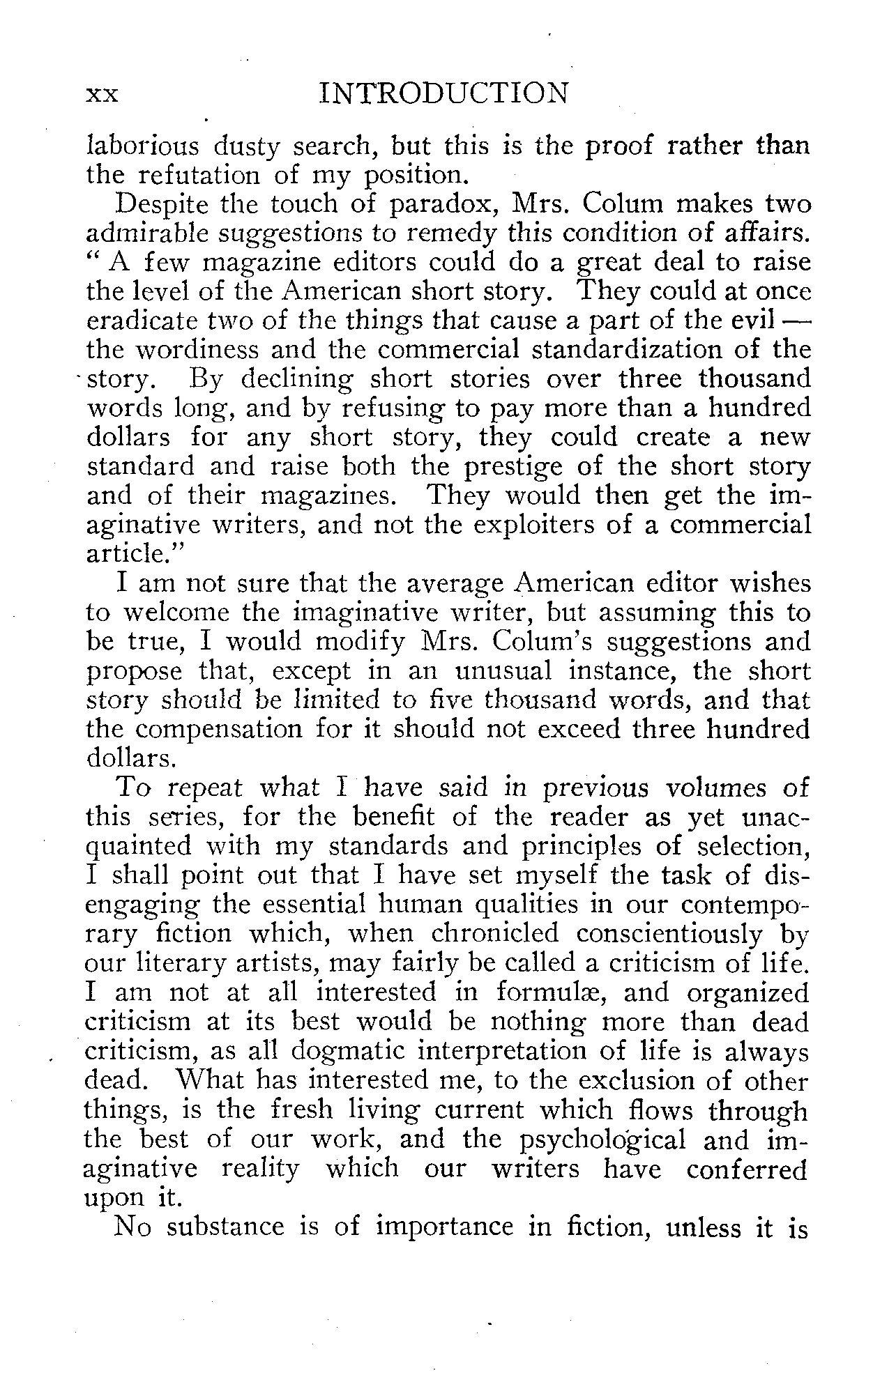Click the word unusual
coord(506,671)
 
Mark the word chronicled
coord(492,933)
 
